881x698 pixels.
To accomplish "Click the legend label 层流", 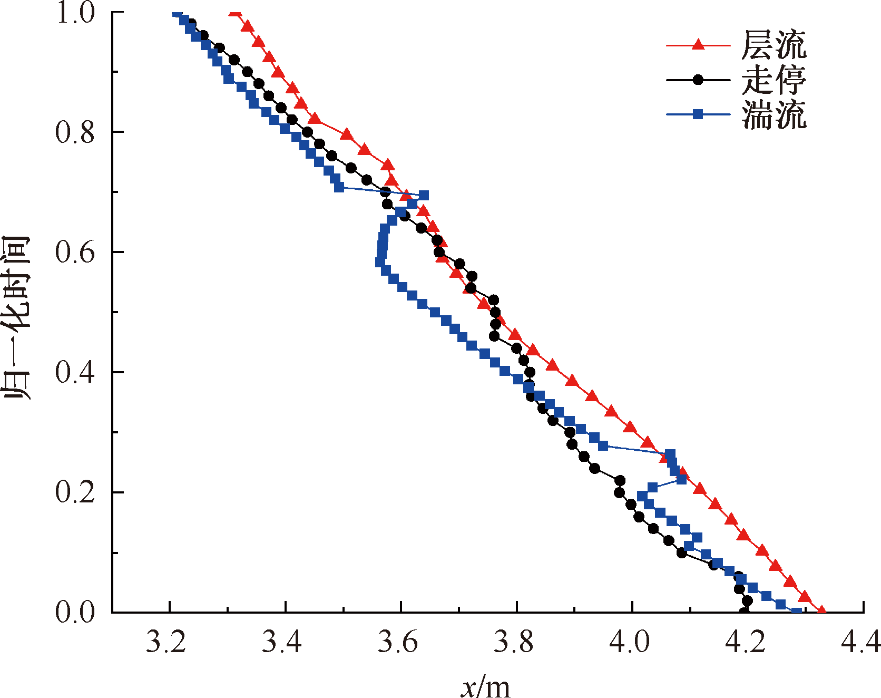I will (x=774, y=45).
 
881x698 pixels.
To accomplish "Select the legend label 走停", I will (x=774, y=80).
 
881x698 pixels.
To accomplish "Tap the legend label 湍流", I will (x=774, y=114).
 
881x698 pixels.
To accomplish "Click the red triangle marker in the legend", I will (x=698, y=45).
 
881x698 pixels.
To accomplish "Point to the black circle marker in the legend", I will (x=698, y=80).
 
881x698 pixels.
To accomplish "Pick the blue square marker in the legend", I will (x=698, y=114).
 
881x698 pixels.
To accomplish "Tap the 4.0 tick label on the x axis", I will (x=630, y=642).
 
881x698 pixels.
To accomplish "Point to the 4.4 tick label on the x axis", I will (x=860, y=642).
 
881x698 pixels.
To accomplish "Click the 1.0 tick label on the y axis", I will (x=75, y=13).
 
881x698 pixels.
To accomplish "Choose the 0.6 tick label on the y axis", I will (x=75, y=252).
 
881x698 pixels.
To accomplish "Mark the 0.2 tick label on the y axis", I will (x=75, y=492).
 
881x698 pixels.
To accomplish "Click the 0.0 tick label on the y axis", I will (x=75, y=612).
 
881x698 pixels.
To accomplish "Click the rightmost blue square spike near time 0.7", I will (x=423, y=196).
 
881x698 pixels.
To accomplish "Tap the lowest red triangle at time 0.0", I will (x=821, y=610).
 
